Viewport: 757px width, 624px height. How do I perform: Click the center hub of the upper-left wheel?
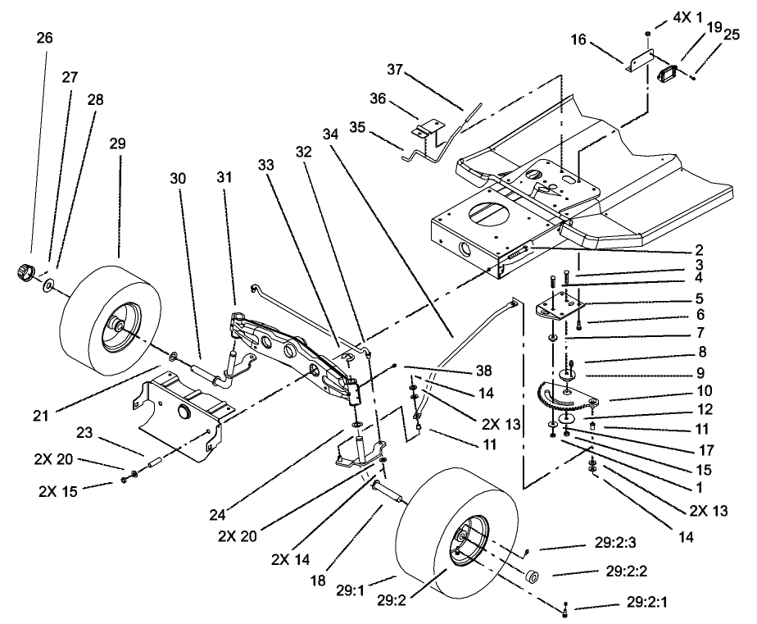(x=117, y=326)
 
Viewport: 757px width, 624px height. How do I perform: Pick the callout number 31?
(x=225, y=177)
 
